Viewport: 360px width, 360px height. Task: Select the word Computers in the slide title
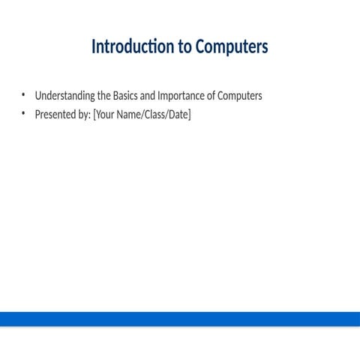coord(231,47)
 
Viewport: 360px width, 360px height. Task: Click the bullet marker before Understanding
coord(23,95)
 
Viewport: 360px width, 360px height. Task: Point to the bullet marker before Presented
coord(23,114)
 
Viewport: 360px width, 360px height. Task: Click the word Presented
coord(55,115)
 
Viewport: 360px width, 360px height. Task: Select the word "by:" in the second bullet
coord(83,115)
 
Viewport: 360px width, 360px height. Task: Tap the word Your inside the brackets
coord(105,115)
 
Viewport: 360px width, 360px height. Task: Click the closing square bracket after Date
coord(190,115)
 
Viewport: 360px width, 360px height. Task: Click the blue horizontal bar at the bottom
coord(180,319)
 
